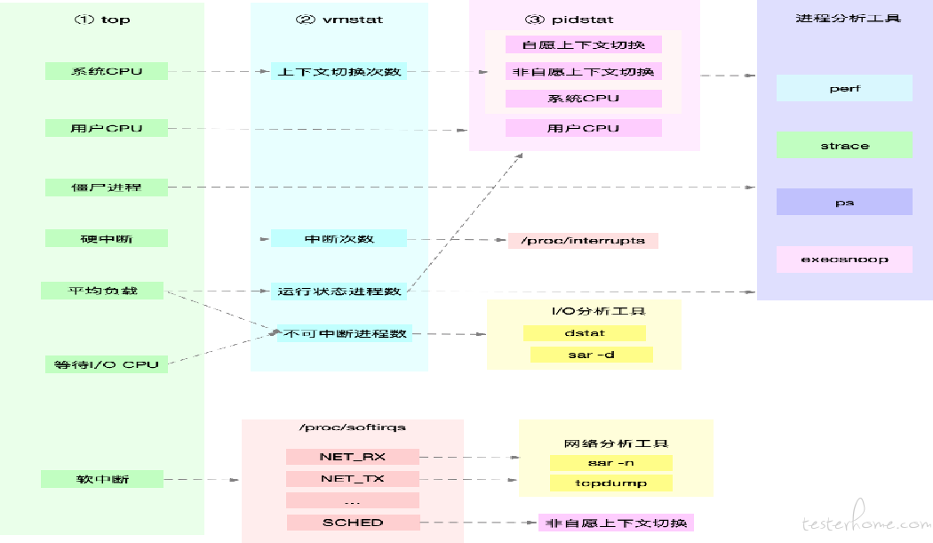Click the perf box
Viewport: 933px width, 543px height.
tap(844, 88)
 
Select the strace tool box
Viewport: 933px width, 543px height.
tap(844, 145)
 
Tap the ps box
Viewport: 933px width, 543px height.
tap(844, 202)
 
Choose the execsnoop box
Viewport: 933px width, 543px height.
tap(844, 260)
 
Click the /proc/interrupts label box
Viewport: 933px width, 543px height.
tap(583, 241)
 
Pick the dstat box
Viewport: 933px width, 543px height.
tap(585, 333)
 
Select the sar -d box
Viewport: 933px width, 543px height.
tap(592, 355)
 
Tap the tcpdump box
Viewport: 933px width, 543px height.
tap(610, 483)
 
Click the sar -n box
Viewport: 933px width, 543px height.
tap(610, 463)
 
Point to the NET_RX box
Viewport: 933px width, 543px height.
tap(352, 457)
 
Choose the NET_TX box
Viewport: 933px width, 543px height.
tap(352, 479)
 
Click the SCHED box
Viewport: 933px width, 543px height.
tap(353, 523)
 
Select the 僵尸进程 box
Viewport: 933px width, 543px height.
tap(107, 188)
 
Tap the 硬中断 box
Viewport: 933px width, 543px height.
tap(107, 239)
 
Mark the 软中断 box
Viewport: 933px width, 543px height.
tap(102, 479)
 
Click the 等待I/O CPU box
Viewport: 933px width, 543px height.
tap(107, 364)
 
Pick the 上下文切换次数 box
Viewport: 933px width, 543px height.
tap(339, 71)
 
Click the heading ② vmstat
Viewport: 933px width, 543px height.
tap(339, 20)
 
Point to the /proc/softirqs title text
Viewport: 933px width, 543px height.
tap(352, 427)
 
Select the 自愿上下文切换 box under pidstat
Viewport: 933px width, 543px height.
tap(584, 44)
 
